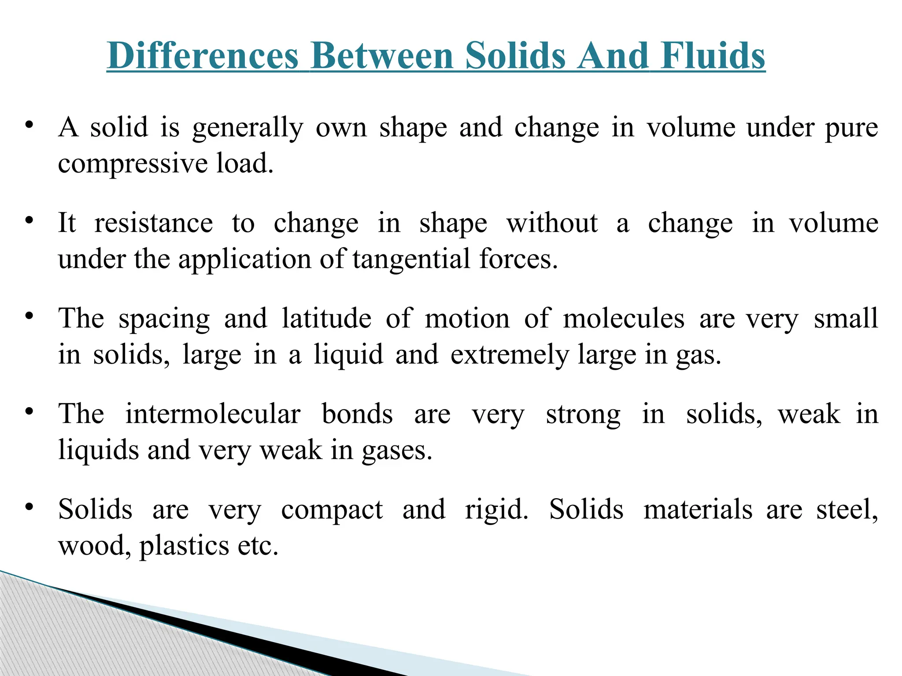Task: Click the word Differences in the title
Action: coord(203,56)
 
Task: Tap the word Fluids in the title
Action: coord(713,56)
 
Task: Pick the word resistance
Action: coord(154,223)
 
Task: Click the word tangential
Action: coord(411,259)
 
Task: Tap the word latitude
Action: coord(326,319)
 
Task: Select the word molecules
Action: coord(624,319)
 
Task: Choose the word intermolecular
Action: coord(213,414)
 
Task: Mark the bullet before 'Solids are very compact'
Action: coord(29,507)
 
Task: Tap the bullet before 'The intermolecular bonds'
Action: coord(29,411)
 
